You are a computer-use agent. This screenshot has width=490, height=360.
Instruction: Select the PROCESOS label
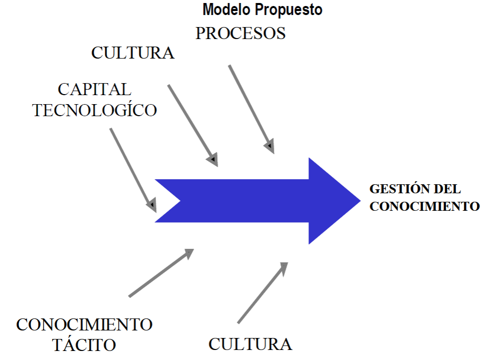coord(240,33)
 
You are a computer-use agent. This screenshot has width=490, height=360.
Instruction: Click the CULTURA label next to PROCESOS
coord(133,53)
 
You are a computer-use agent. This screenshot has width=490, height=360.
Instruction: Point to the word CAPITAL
coord(95,89)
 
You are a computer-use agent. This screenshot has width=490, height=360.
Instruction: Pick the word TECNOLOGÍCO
coord(95,110)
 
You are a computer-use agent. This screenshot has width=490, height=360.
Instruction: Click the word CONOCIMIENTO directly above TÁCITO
coord(84,324)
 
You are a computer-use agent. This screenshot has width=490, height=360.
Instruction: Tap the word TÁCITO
coord(84,344)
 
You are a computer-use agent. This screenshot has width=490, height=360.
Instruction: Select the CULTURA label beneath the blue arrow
coord(250,344)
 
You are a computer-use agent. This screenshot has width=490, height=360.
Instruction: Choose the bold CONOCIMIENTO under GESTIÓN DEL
coord(424,206)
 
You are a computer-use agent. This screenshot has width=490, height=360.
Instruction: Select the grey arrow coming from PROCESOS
coord(251,108)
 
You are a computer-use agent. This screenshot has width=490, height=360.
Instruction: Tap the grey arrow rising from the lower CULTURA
coord(262,293)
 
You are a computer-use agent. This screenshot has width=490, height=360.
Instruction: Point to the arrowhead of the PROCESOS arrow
coord(270,147)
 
